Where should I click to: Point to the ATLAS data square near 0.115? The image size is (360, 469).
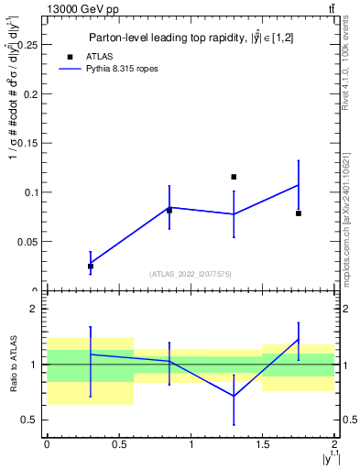(234, 177)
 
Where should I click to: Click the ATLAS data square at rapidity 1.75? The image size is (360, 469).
(299, 213)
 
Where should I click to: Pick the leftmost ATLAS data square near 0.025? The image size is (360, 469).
(90, 266)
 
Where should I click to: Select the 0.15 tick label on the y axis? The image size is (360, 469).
(27, 143)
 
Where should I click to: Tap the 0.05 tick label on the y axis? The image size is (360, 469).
(27, 242)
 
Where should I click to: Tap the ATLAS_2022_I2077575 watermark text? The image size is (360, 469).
(190, 273)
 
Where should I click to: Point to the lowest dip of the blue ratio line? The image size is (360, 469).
(234, 396)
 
